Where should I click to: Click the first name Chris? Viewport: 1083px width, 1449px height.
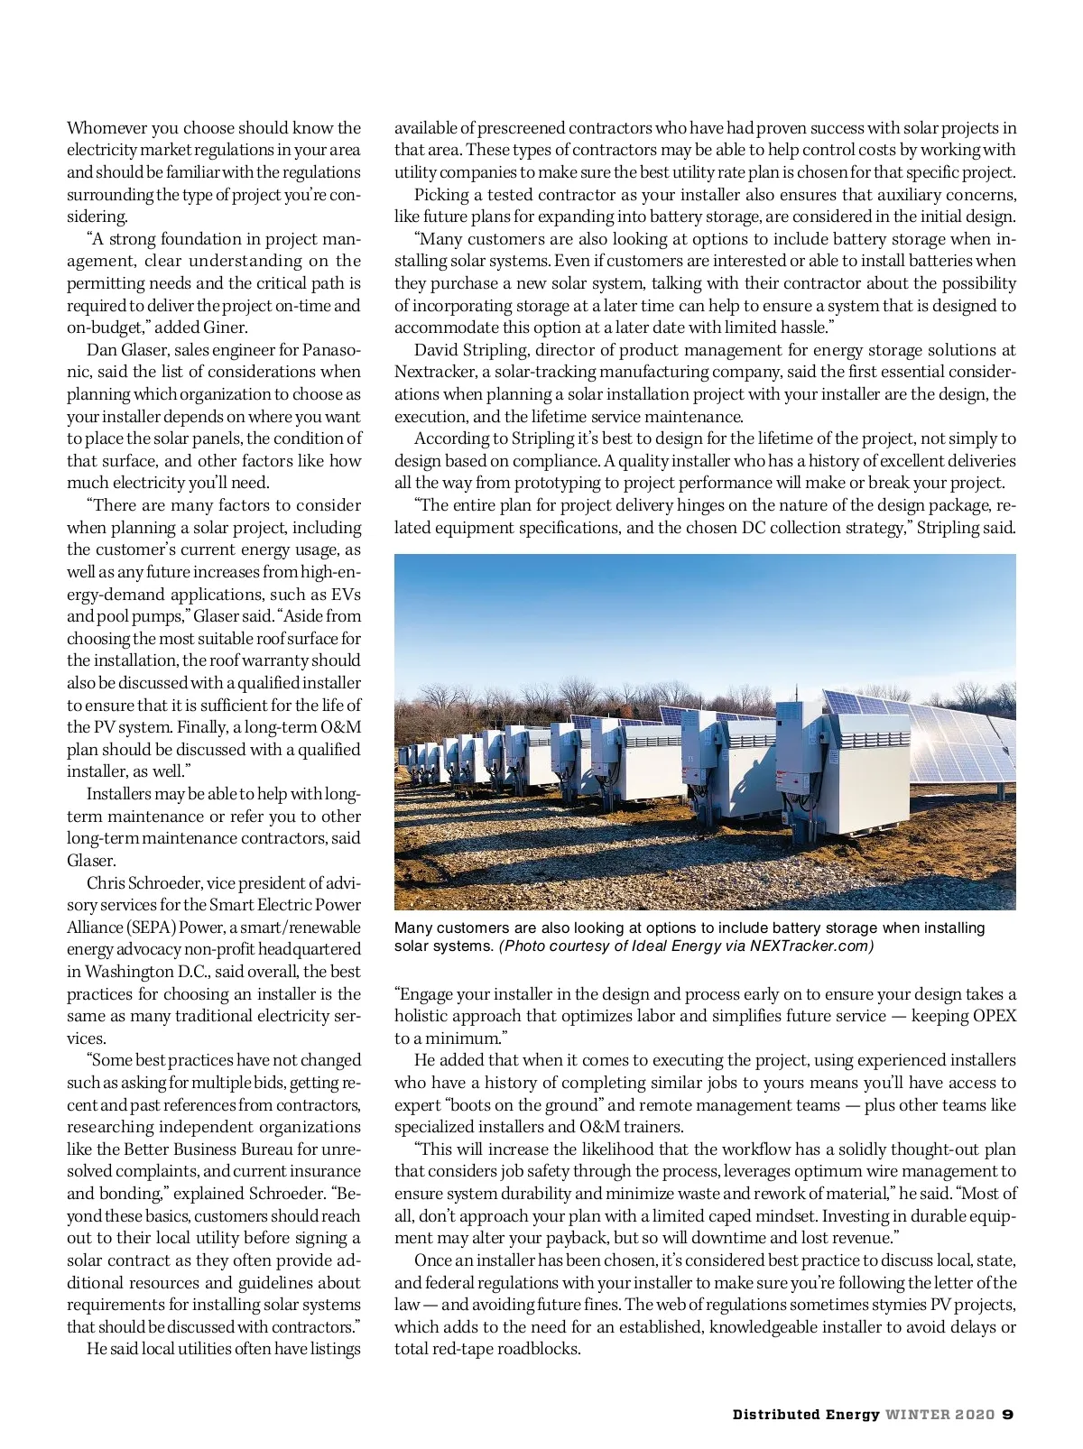(105, 883)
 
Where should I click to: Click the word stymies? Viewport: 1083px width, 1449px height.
(909, 1305)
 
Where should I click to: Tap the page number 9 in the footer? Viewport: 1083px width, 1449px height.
(1008, 1415)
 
